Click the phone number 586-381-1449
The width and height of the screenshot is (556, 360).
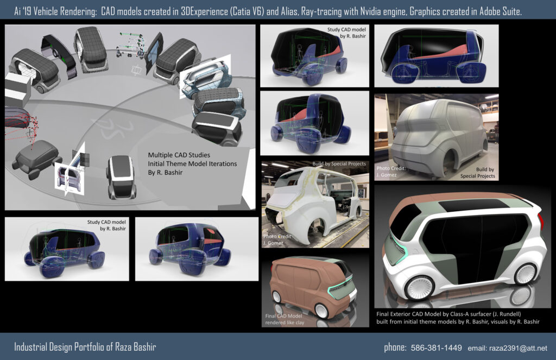[436, 348]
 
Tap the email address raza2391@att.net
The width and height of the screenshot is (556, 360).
[508, 348]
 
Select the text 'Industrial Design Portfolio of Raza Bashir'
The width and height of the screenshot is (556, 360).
[85, 346]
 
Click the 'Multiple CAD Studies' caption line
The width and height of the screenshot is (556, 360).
[179, 155]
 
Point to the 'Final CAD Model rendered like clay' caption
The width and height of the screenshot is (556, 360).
[285, 319]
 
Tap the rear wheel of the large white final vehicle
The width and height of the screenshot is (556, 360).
[526, 274]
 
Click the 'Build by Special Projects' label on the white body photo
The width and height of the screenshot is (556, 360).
[339, 163]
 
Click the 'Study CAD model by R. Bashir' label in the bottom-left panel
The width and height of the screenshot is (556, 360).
[106, 225]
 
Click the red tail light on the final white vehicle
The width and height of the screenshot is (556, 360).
[541, 220]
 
